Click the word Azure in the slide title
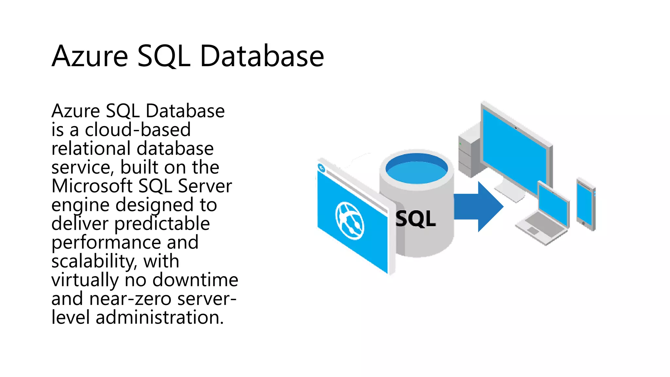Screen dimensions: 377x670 tap(90, 56)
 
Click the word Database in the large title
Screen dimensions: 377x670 tap(262, 56)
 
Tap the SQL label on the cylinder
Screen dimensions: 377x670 tap(415, 219)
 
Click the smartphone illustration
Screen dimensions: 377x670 tap(586, 205)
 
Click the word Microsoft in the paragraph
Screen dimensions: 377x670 tap(92, 186)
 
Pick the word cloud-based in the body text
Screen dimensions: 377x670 tap(138, 130)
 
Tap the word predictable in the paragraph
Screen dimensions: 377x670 tap(162, 224)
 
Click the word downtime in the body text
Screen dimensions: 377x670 tap(195, 280)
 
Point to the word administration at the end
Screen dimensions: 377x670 tap(159, 317)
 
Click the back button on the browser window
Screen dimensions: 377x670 tap(322, 168)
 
